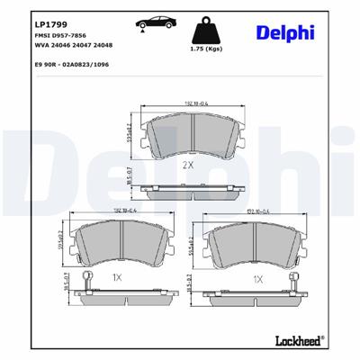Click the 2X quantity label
188,166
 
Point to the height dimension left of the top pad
133,137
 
